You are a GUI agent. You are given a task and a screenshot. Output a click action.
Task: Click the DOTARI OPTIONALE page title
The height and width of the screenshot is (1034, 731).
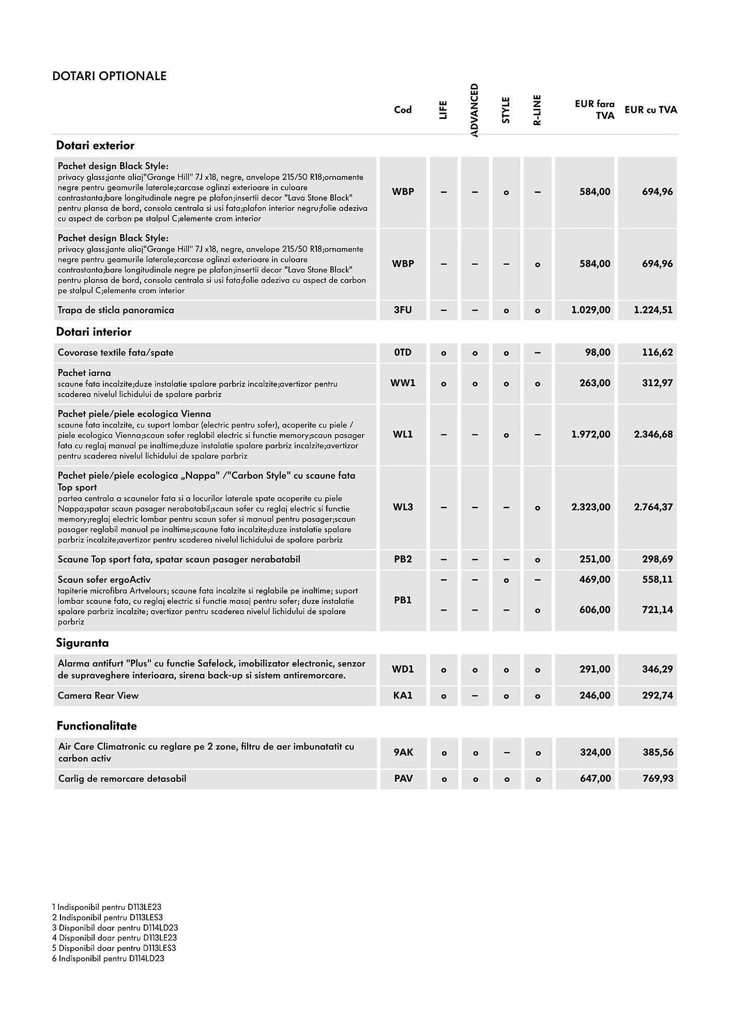(109, 76)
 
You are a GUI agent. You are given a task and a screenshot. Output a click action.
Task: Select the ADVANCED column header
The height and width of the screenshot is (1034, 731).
(475, 110)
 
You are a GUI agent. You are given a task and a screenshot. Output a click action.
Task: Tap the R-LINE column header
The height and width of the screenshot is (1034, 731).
(537, 110)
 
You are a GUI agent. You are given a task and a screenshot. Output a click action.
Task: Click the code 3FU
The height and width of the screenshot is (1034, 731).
(403, 310)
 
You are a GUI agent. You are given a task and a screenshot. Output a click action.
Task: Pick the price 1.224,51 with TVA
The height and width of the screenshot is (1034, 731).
(653, 310)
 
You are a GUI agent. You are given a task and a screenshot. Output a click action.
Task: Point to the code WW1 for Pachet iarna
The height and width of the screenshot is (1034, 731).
(403, 383)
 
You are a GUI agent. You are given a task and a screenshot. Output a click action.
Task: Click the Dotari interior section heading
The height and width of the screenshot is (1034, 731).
(94, 332)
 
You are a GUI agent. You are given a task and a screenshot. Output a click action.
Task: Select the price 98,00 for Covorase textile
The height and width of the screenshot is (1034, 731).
(598, 353)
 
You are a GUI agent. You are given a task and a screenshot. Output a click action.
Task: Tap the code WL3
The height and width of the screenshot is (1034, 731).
(403, 507)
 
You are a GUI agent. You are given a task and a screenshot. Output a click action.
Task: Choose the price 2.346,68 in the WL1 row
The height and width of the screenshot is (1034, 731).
(653, 434)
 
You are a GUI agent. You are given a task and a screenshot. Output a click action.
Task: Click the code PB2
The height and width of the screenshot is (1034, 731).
(403, 559)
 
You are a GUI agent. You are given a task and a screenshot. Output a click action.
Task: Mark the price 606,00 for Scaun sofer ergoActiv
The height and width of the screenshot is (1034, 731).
(595, 610)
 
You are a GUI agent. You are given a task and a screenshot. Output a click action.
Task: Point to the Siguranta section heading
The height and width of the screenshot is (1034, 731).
(82, 643)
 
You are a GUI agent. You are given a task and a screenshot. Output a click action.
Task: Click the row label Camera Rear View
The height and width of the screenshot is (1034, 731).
(98, 696)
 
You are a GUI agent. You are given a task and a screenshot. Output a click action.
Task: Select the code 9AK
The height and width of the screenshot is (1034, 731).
(403, 752)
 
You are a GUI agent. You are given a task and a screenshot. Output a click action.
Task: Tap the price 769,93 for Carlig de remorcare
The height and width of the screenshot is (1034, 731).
(658, 779)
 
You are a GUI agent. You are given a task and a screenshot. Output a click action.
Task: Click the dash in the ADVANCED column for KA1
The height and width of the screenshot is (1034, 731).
(475, 696)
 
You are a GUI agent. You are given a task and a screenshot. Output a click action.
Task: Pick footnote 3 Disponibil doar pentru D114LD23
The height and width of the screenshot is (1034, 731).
(115, 927)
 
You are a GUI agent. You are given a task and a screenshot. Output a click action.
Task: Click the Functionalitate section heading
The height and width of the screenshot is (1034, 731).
(97, 726)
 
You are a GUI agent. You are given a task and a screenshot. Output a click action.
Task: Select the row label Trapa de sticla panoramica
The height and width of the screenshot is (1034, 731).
(116, 310)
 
